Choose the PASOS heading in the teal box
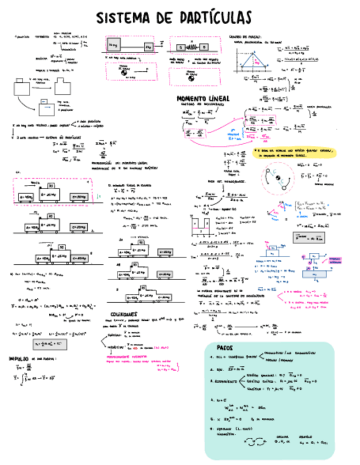pos(224,348)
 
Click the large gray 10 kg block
pos(114,44)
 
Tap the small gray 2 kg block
pos(148,47)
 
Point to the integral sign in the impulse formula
pos(18,378)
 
